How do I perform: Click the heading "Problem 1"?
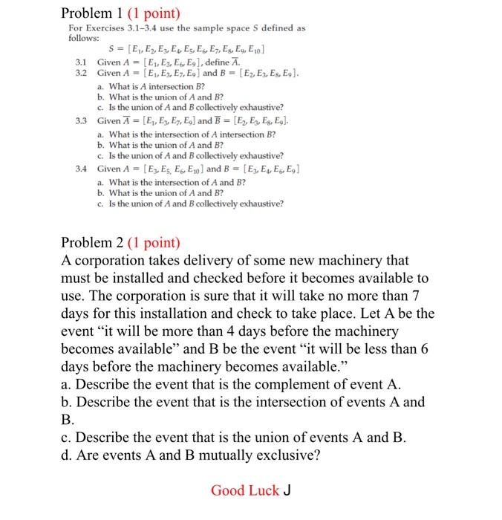point(92,13)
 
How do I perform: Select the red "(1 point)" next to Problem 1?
point(154,13)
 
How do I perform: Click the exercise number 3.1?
point(82,62)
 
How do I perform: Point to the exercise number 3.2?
point(82,73)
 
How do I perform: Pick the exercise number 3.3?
point(82,120)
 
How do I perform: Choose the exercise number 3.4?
point(82,169)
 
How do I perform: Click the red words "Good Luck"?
point(245,490)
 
